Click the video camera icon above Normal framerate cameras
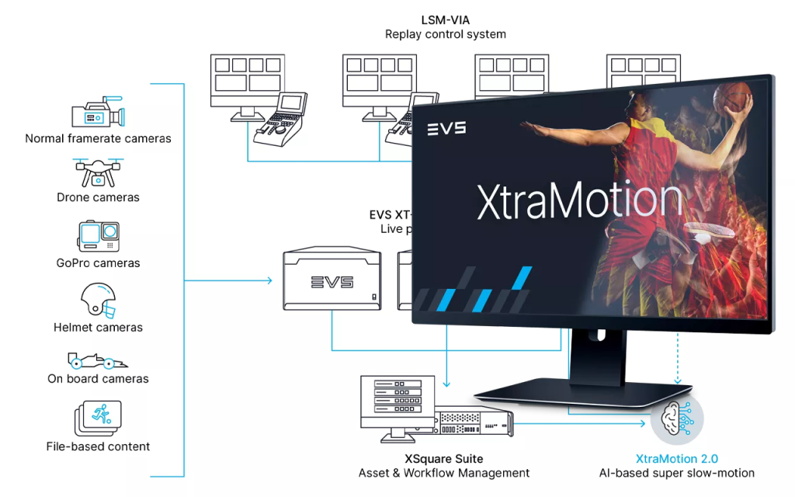(97, 113)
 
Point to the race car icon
(98, 360)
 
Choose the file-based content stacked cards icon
(98, 419)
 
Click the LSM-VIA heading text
(445, 19)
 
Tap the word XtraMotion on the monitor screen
(579, 198)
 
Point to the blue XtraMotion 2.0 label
(677, 458)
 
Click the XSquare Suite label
(444, 458)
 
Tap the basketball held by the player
(740, 98)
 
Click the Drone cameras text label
(98, 197)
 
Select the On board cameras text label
(98, 379)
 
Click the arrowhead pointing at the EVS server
(269, 280)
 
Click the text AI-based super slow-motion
(676, 473)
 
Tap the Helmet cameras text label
(98, 327)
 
